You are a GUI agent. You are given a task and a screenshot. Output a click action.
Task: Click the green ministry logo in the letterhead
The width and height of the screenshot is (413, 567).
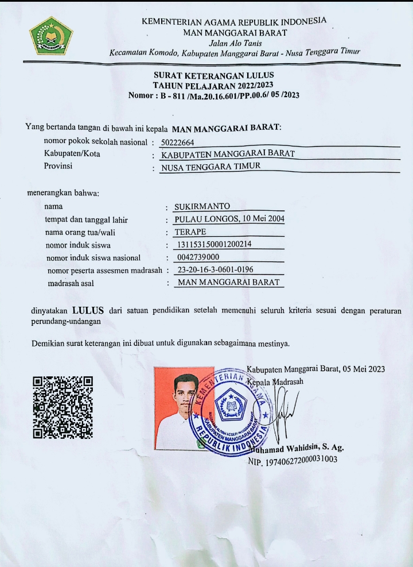pos(51,36)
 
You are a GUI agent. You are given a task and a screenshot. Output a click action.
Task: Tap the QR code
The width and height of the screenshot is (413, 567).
pos(63,406)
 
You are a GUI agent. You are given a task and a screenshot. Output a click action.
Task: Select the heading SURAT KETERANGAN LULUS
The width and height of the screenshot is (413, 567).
pos(214,75)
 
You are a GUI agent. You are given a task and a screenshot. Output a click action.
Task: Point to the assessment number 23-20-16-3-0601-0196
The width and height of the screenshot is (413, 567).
pos(216,269)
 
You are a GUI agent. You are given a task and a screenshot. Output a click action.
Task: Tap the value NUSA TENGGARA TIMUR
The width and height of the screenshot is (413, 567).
pos(211,167)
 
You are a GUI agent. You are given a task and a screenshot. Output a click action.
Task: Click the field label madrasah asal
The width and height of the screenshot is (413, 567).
pos(71,283)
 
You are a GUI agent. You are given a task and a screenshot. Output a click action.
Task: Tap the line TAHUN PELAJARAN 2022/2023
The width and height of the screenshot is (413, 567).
pos(214,85)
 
